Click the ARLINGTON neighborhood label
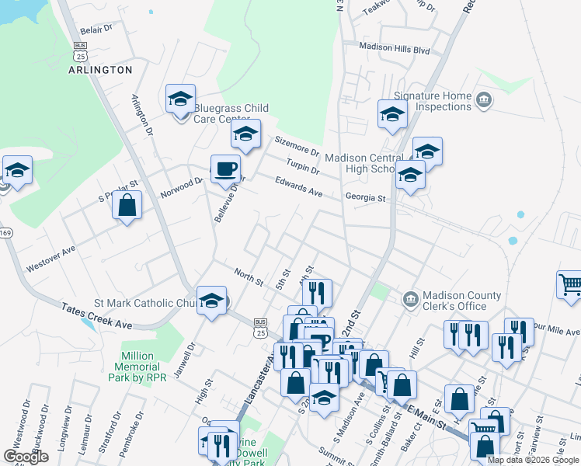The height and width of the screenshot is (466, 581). click(x=100, y=70)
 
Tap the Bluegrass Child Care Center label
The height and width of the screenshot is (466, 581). click(x=231, y=113)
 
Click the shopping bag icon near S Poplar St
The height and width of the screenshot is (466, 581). click(x=127, y=206)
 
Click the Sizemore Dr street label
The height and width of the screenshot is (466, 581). click(x=297, y=145)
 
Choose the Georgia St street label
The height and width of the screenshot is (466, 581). click(x=366, y=198)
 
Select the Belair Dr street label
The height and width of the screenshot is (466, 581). click(x=96, y=28)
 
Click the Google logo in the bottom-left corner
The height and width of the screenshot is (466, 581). click(x=26, y=457)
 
